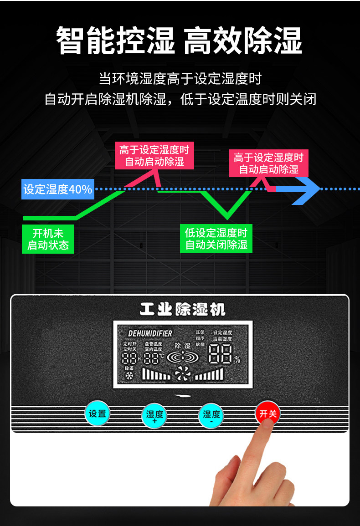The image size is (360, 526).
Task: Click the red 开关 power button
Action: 267,414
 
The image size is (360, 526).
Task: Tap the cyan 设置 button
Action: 97,414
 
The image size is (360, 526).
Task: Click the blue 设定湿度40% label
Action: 58,189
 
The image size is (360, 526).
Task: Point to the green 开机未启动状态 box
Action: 48,240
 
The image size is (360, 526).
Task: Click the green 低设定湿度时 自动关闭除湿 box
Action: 216,239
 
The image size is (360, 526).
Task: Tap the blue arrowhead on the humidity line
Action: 306,189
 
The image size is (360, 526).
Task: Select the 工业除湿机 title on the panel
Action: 182,310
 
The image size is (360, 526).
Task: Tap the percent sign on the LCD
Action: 237,359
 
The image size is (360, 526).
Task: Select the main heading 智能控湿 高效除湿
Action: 180,41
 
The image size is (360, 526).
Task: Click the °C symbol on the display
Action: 161,355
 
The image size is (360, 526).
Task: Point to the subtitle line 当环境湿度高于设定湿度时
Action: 180,79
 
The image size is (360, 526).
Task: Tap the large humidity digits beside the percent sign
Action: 220,354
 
